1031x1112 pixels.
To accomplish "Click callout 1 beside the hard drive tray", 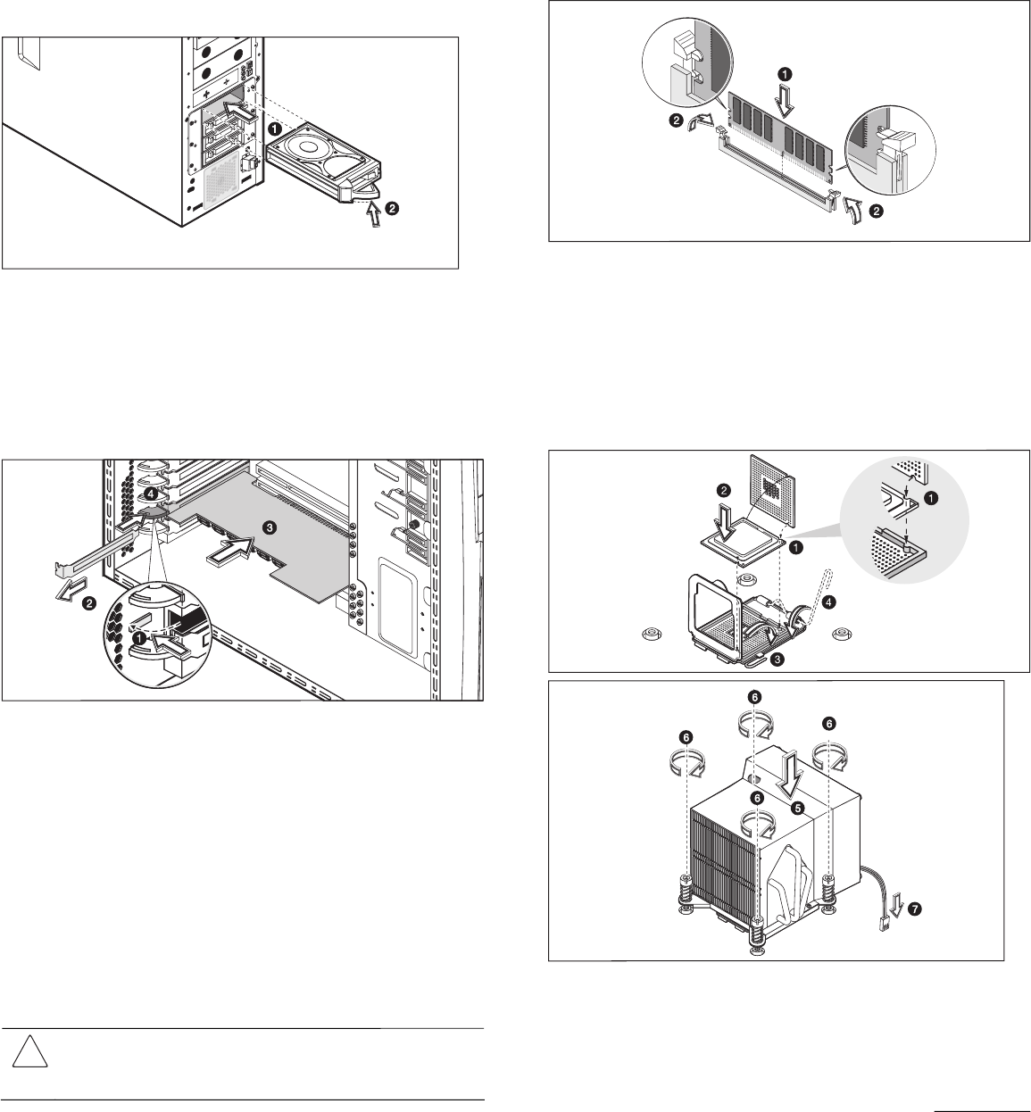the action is point(274,129).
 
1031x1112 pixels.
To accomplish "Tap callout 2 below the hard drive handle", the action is point(393,208).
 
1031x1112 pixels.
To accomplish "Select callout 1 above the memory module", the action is point(786,74).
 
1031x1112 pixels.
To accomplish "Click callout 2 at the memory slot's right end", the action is point(877,212).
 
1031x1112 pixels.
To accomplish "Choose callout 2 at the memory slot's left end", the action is point(677,120).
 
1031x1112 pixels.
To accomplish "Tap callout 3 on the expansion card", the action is point(270,527).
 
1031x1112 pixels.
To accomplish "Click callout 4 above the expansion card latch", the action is point(150,494).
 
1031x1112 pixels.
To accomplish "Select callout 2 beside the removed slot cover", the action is point(88,603).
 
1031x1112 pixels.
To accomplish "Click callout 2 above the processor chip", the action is point(724,491).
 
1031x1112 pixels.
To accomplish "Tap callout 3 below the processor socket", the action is point(777,659).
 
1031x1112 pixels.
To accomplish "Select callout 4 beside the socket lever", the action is point(829,602).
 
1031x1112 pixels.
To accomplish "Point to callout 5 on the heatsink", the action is point(798,808).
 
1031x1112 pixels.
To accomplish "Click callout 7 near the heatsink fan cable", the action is point(914,909).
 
